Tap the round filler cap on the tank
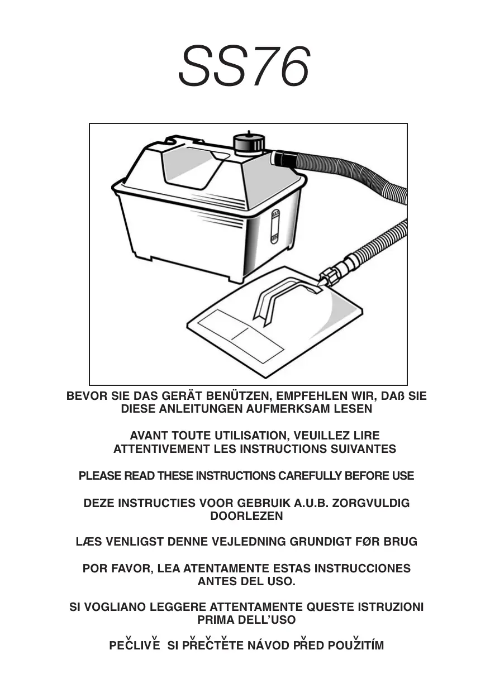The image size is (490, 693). click(x=249, y=143)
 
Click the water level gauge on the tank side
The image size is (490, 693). click(x=275, y=227)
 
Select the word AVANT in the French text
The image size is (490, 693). click(x=149, y=436)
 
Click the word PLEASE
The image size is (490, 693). click(x=99, y=476)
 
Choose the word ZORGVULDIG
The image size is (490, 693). click(x=371, y=503)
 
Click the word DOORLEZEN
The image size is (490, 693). click(x=246, y=516)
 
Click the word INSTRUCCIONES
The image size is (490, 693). click(x=363, y=568)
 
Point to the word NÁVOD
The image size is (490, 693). click(x=269, y=646)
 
